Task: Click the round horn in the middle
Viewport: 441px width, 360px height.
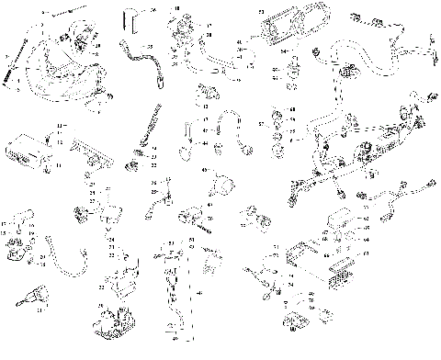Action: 223,184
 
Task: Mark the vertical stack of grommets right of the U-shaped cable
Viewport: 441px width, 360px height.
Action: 276,129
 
